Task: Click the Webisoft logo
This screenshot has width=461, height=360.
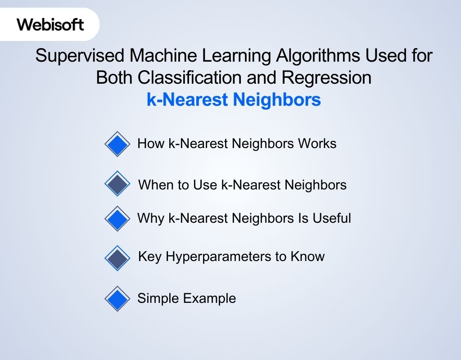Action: tap(50, 24)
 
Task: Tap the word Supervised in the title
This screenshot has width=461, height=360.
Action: tap(80, 55)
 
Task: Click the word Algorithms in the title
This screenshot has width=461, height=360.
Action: tap(318, 55)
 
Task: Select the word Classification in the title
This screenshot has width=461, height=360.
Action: tap(190, 77)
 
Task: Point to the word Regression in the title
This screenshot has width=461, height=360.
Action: tap(326, 78)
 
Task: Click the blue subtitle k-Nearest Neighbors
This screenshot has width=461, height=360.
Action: tap(234, 99)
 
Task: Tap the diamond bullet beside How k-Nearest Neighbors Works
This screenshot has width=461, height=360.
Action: tap(118, 144)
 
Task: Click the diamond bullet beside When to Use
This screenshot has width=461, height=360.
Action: tap(118, 184)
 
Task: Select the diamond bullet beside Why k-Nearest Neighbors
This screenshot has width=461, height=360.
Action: tap(118, 219)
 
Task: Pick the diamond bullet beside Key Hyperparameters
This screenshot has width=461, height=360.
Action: tap(118, 258)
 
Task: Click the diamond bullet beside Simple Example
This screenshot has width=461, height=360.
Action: tap(118, 299)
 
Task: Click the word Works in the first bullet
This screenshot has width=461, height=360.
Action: tap(317, 144)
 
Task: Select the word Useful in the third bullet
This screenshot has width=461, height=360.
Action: tap(332, 218)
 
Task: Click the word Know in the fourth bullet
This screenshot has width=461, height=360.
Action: tap(307, 256)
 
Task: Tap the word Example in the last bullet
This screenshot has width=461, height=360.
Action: tap(210, 299)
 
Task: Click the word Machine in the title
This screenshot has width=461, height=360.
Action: tap(163, 55)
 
